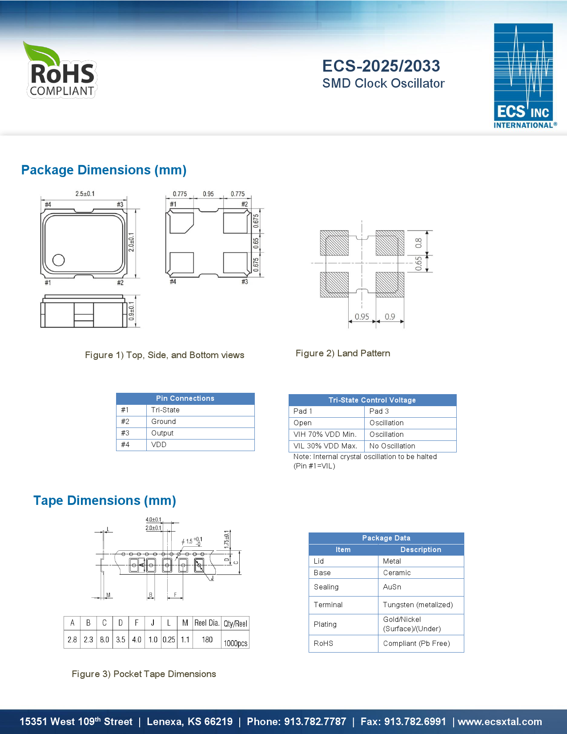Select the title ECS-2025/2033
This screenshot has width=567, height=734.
(381, 66)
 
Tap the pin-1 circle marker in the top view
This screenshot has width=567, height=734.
(59, 260)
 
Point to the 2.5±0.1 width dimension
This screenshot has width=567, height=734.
(84, 194)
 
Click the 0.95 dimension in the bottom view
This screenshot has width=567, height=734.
(208, 194)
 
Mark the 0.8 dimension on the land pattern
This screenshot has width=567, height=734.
(418, 243)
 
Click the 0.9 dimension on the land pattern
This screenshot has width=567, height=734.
(390, 316)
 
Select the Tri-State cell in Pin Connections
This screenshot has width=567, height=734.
(165, 410)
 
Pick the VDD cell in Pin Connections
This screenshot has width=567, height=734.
(159, 445)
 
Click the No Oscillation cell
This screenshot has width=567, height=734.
(392, 446)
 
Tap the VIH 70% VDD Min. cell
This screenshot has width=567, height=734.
(325, 435)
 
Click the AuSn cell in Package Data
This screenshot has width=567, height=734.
(392, 587)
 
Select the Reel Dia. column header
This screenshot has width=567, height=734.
(207, 623)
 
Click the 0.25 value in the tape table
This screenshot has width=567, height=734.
(169, 640)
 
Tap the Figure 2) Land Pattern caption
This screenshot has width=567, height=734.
(343, 353)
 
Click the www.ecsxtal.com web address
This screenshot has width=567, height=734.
(500, 722)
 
